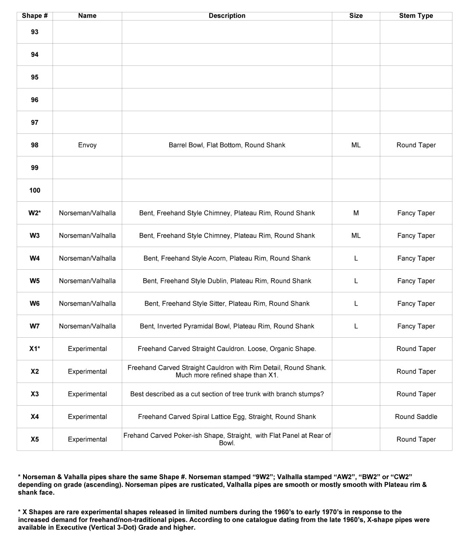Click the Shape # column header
pyautogui.click(x=35, y=16)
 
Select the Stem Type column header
pyautogui.click(x=416, y=16)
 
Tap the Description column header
pyautogui.click(x=227, y=16)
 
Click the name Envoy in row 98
pyautogui.click(x=87, y=145)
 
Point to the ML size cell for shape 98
pyautogui.click(x=355, y=145)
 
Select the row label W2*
pyautogui.click(x=35, y=213)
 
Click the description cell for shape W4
pyautogui.click(x=227, y=258)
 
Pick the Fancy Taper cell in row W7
pyautogui.click(x=416, y=326)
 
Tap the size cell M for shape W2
pyautogui.click(x=355, y=213)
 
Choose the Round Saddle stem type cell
pyautogui.click(x=416, y=417)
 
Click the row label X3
pyautogui.click(x=35, y=394)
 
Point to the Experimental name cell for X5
pyautogui.click(x=87, y=439)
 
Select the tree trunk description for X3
pyautogui.click(x=227, y=394)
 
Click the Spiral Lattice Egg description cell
pyautogui.click(x=227, y=417)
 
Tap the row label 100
pyautogui.click(x=35, y=190)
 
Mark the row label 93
pyautogui.click(x=35, y=32)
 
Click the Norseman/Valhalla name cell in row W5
pyautogui.click(x=87, y=281)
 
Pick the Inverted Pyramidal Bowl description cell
pyautogui.click(x=227, y=326)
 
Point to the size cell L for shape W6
pyautogui.click(x=355, y=304)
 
